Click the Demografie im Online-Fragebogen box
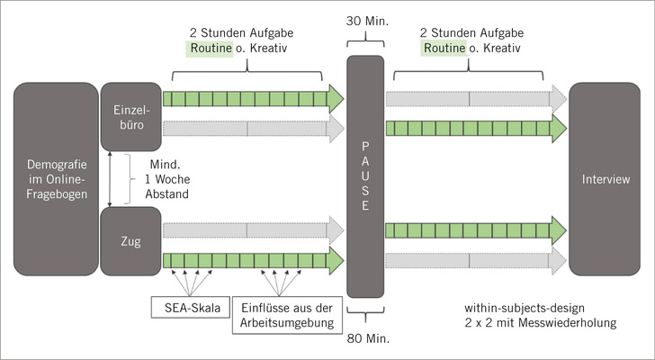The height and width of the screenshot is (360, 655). click(56, 179)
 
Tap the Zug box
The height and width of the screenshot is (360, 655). click(129, 242)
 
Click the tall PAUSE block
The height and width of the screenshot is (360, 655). click(365, 176)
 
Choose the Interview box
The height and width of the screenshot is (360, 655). click(606, 179)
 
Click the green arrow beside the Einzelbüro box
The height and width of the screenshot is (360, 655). click(252, 97)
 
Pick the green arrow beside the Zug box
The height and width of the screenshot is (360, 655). click(252, 261)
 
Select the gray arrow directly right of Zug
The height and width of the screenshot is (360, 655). click(252, 229)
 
